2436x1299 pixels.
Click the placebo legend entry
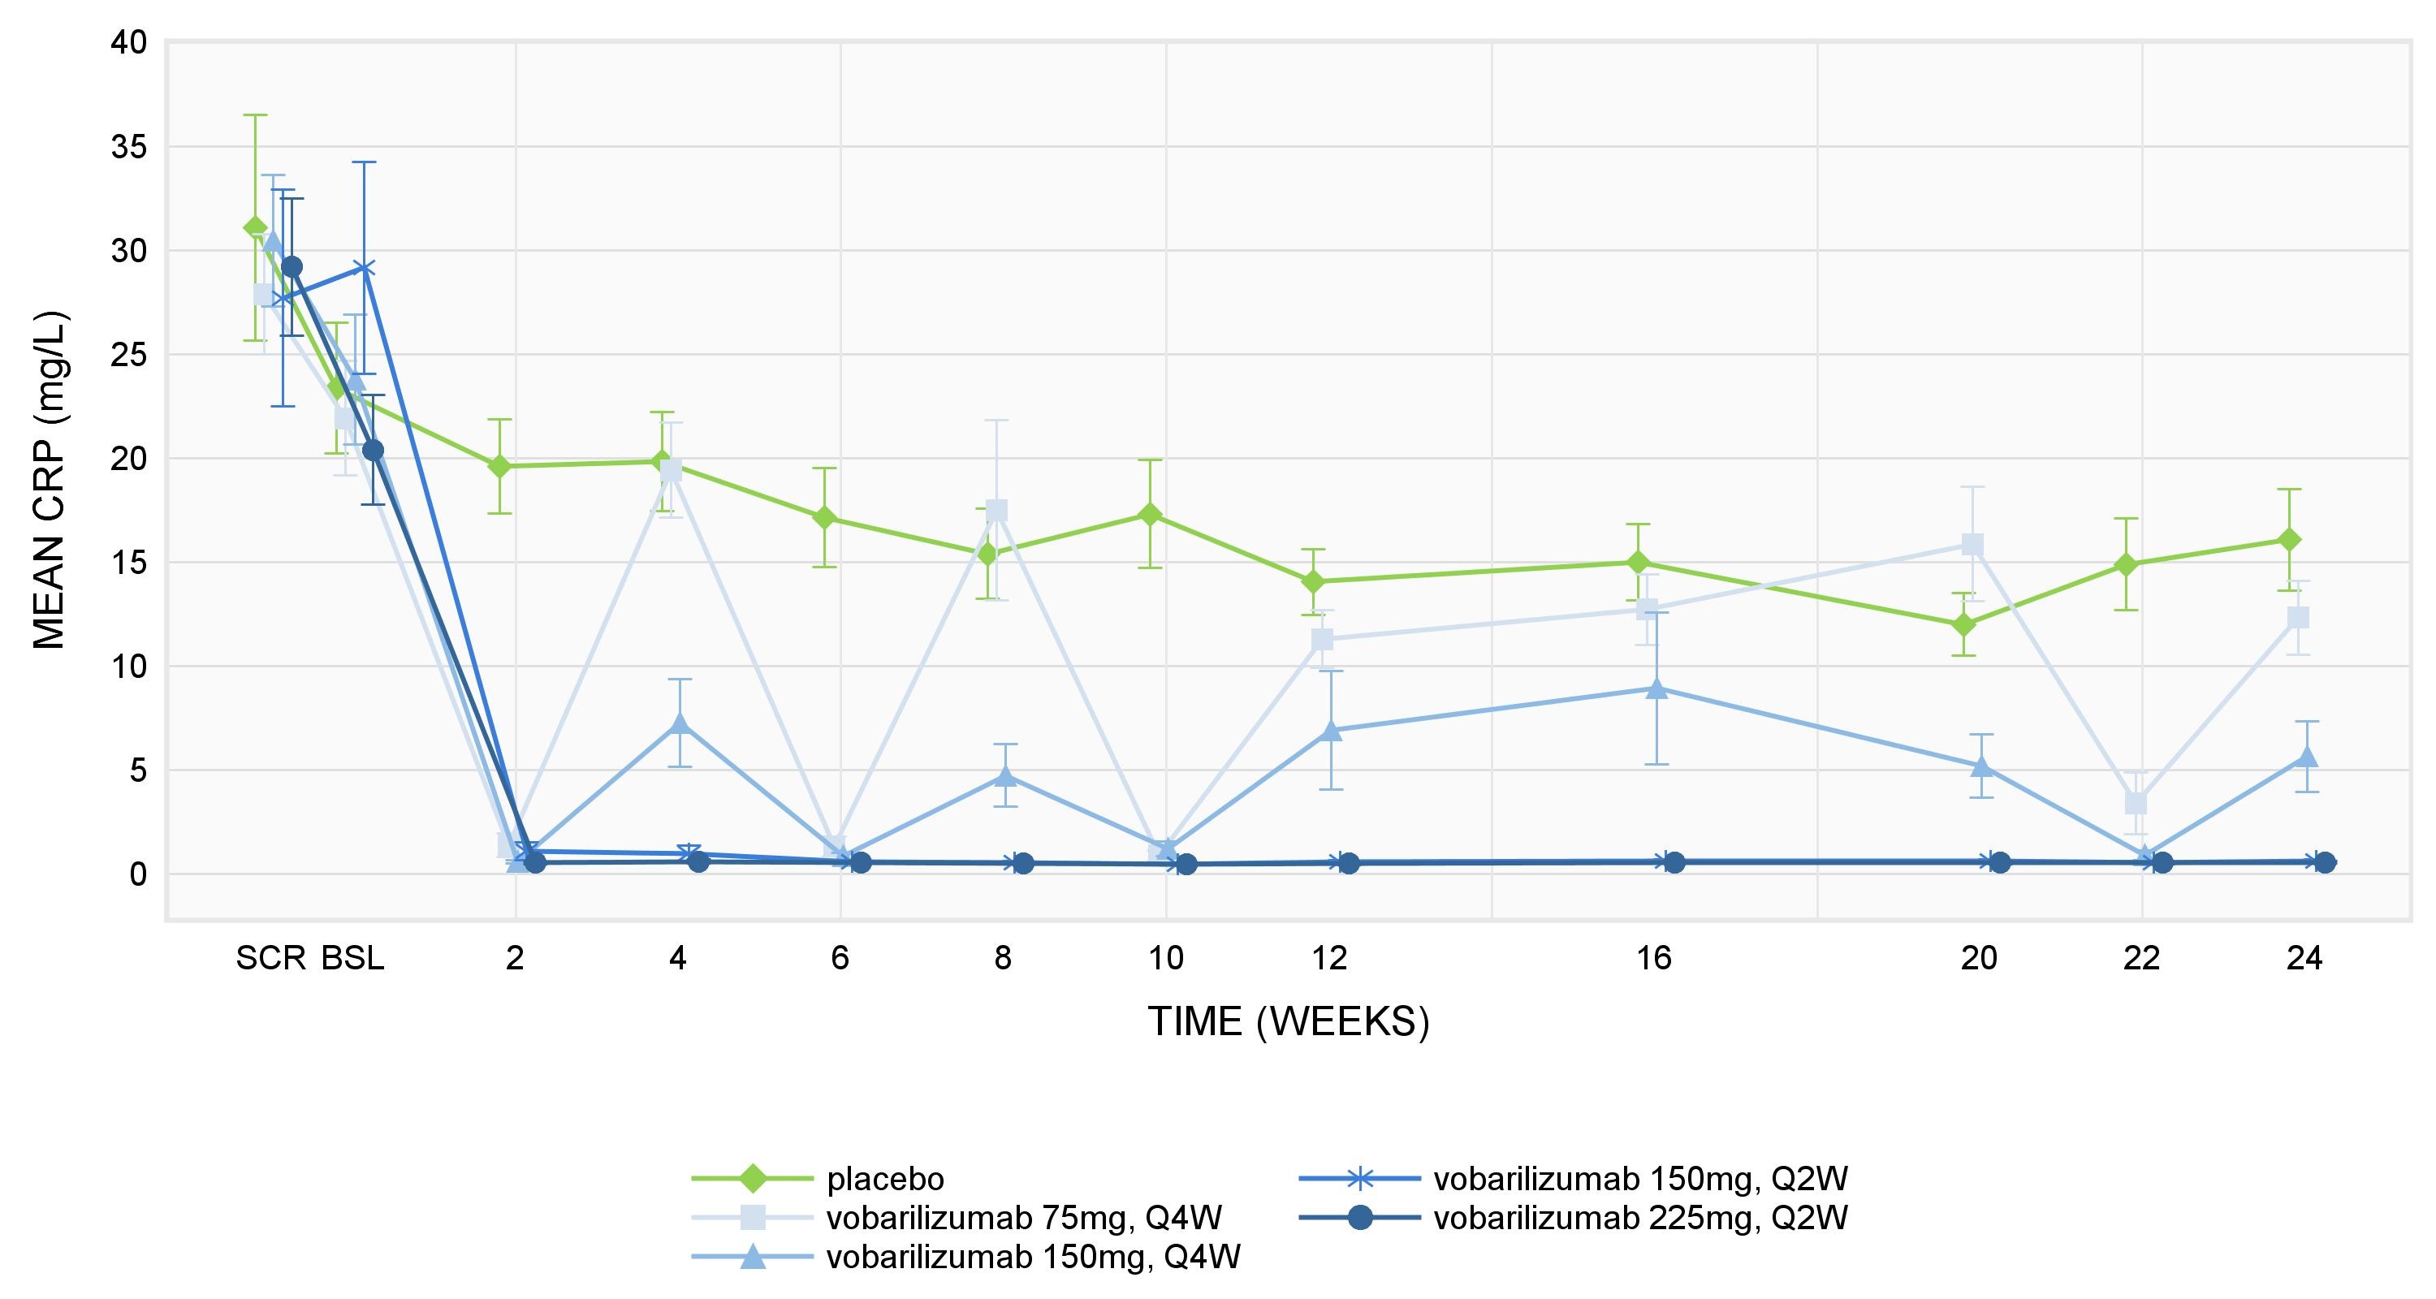884,1179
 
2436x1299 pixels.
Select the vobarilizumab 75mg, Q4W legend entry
1023,1218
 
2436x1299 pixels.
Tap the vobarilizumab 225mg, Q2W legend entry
1639,1218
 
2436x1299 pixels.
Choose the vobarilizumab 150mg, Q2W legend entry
1639,1179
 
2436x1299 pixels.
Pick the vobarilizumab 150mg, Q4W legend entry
1033,1257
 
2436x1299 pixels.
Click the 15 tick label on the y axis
128,563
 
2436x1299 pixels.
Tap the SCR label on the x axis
270,959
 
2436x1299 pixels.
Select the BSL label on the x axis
352,959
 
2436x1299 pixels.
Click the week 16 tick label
1654,959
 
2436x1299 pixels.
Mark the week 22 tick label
2141,959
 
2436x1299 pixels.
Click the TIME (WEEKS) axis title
1288,1022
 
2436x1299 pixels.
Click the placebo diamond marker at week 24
2288,540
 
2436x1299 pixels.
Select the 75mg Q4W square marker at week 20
1972,545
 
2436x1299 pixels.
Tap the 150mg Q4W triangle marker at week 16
1656,688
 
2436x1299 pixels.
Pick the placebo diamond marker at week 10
1150,514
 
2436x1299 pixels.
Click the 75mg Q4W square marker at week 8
996,511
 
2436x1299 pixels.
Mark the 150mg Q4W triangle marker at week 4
679,724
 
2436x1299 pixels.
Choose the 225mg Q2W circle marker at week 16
1674,862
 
